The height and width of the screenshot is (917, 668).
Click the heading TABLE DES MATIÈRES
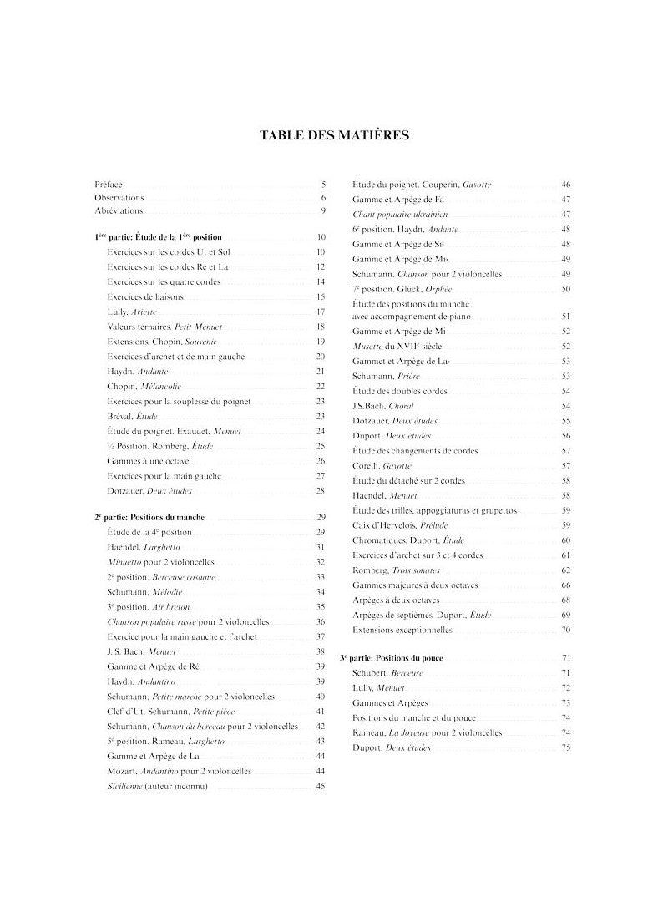[334, 135]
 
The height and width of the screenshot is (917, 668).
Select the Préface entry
[109, 184]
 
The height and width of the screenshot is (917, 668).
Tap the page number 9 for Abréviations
[322, 211]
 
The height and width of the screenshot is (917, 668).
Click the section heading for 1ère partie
[159, 238]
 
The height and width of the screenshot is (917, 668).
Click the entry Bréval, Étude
[132, 416]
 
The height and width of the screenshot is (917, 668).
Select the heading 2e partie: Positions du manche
[149, 518]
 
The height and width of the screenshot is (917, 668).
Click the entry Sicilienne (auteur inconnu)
[157, 787]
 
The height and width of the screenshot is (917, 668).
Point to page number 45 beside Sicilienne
[321, 787]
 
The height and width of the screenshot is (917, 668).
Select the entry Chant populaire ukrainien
[402, 214]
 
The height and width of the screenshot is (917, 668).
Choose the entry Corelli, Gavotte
[382, 465]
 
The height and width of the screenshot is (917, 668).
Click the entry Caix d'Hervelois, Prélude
[401, 524]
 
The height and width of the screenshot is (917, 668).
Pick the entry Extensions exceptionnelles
[402, 630]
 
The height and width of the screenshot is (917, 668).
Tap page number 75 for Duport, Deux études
[566, 747]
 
